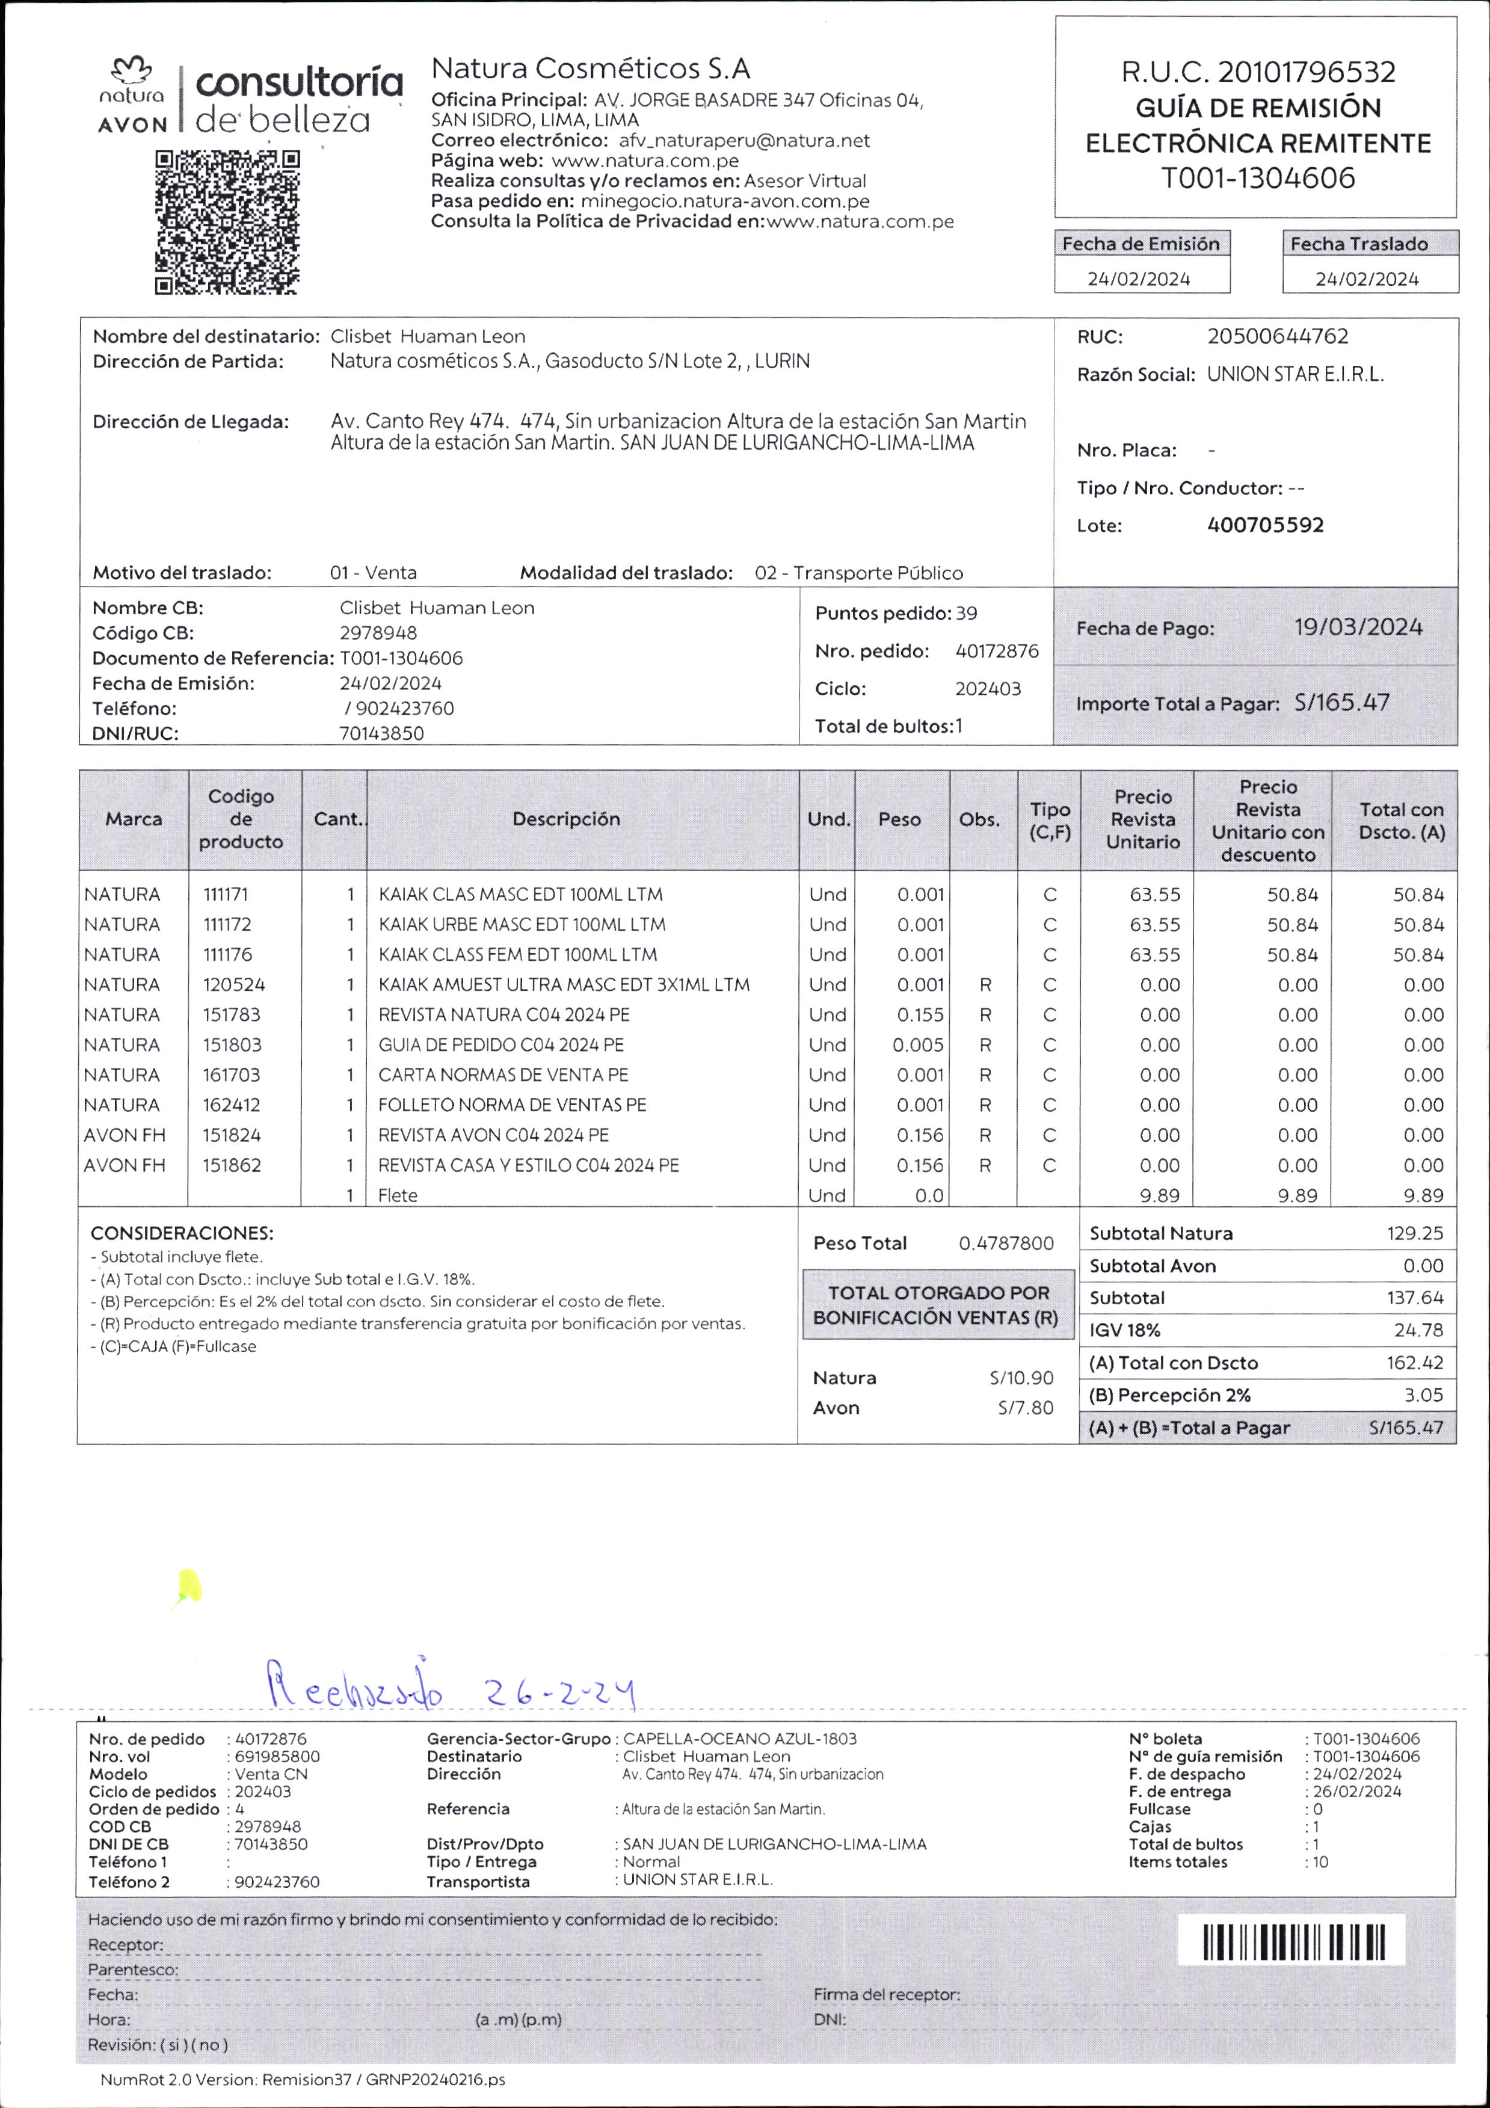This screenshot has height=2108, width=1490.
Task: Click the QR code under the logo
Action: click(x=227, y=222)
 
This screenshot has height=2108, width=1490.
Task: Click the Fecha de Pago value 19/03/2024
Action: click(x=1358, y=628)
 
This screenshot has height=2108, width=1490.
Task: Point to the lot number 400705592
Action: click(x=1265, y=525)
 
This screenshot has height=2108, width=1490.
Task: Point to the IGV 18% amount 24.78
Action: click(x=1418, y=1330)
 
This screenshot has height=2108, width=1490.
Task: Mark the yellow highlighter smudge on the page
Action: click(x=189, y=1586)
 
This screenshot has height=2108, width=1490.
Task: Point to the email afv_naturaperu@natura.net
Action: click(x=743, y=140)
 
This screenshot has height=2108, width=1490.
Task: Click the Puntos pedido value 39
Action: click(x=966, y=613)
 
